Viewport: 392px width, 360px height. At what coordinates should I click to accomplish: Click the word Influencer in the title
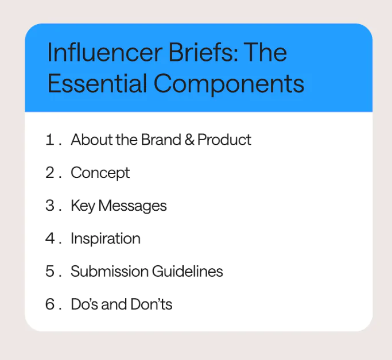[105, 52]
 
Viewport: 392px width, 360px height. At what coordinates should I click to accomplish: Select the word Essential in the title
[97, 83]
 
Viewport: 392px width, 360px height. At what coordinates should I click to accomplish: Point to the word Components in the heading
[229, 85]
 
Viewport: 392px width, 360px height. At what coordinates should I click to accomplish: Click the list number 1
[50, 140]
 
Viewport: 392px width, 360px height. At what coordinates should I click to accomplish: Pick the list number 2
[50, 172]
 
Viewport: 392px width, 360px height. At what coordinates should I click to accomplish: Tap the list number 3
[50, 206]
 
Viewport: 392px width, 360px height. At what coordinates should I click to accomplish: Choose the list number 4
[50, 238]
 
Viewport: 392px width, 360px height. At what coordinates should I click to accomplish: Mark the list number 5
[50, 271]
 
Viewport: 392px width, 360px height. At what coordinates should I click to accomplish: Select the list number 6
[50, 304]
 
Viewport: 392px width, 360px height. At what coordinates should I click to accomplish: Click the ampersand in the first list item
[189, 140]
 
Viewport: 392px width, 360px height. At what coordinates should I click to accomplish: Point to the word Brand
[161, 140]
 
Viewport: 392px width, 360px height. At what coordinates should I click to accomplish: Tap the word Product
[224, 140]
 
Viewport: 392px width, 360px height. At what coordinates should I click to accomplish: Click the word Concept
[100, 173]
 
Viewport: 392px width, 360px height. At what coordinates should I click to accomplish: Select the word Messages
[133, 206]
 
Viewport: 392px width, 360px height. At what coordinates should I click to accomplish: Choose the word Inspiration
[106, 239]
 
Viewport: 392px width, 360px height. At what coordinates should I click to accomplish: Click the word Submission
[110, 271]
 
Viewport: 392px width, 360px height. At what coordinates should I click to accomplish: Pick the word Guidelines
[188, 271]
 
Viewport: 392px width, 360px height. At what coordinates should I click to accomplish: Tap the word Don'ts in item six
[152, 304]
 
